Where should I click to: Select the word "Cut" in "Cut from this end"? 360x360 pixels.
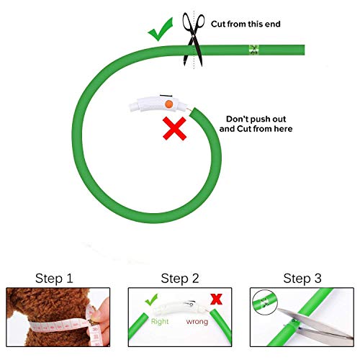[x=220, y=24]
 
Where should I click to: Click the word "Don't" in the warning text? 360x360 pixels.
[x=239, y=118]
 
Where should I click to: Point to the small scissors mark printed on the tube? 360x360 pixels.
[x=253, y=49]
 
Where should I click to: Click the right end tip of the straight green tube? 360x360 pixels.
[x=303, y=49]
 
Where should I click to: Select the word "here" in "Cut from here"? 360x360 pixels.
[x=282, y=130]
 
